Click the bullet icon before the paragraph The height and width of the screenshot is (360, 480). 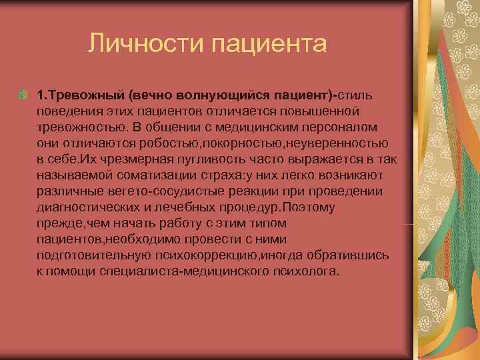click(23, 94)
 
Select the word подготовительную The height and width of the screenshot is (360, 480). click(94, 256)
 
